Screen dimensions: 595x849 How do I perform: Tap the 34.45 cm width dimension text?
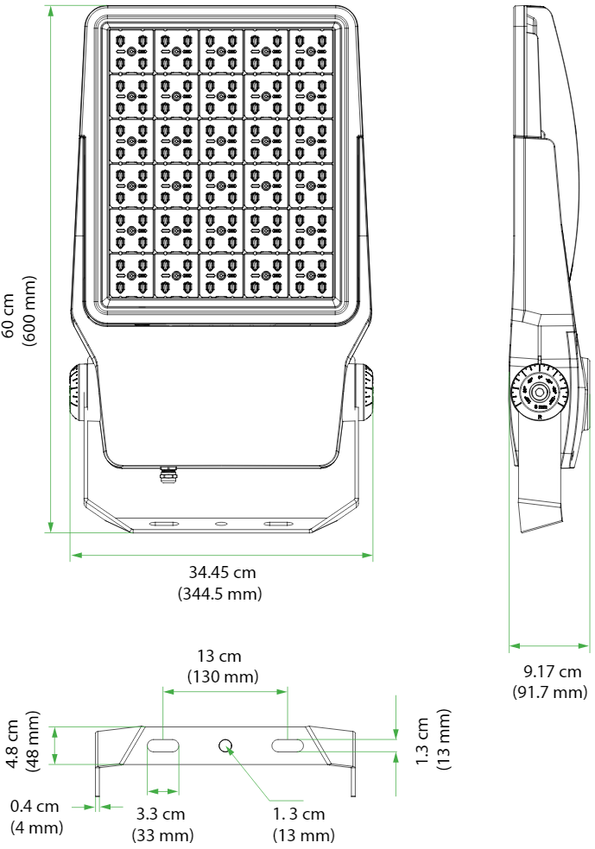click(x=222, y=572)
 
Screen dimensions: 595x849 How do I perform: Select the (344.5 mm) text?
click(x=220, y=594)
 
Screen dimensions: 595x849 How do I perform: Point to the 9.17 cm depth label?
click(x=552, y=671)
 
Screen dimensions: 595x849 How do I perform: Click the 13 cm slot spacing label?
click(x=219, y=656)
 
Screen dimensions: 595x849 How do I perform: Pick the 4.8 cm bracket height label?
click(x=13, y=744)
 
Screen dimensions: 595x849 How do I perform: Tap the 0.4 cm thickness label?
click(x=35, y=806)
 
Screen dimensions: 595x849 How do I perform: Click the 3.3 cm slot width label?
click(x=161, y=814)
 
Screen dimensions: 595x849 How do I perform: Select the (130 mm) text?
click(x=223, y=676)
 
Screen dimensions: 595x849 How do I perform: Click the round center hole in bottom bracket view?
click(x=225, y=745)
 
